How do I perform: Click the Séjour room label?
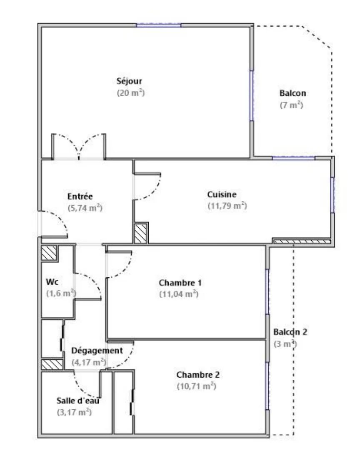129,81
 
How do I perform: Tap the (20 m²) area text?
131,92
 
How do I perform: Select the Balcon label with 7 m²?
292,93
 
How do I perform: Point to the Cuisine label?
222,194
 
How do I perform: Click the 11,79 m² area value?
227,206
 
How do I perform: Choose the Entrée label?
80,197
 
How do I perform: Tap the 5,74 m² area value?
85,208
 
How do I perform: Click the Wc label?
52,282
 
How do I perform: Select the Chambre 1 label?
180,283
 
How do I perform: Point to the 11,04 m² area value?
179,294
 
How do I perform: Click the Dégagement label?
97,351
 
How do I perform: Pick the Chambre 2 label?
198,375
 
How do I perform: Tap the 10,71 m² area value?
196,386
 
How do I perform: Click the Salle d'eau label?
78,401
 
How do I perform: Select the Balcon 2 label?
290,332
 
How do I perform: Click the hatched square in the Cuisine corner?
140,233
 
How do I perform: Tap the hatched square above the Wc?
49,253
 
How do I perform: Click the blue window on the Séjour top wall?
158,25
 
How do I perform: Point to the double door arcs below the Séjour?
78,146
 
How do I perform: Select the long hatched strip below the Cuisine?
300,241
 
